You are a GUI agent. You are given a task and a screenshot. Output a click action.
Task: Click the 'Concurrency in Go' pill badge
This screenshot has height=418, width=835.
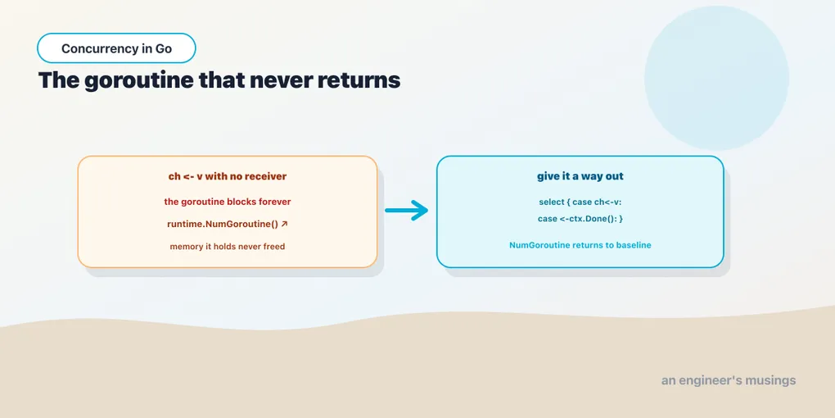116,48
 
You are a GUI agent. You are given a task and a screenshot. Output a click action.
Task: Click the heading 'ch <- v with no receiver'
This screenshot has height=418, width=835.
228,176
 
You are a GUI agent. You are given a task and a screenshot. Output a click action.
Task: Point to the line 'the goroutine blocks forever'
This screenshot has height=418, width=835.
228,202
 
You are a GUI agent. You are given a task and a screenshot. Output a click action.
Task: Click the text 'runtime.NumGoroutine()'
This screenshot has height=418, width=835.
223,225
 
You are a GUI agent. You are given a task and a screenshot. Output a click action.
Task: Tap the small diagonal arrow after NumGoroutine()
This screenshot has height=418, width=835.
284,224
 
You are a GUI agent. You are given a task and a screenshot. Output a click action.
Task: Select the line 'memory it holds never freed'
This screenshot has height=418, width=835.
228,247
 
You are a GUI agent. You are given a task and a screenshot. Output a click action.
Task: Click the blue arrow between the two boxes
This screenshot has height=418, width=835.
407,210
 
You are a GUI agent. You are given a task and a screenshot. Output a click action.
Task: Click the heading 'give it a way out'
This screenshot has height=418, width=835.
580,176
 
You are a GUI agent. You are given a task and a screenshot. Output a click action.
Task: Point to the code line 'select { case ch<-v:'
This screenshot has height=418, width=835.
580,202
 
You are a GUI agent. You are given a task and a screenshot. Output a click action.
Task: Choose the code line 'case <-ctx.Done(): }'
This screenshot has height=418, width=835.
580,219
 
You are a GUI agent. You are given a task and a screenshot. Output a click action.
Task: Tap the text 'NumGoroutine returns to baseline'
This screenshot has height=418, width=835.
580,245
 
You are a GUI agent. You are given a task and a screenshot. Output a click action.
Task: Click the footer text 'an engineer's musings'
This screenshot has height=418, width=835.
729,380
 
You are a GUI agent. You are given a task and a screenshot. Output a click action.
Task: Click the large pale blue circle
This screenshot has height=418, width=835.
716,78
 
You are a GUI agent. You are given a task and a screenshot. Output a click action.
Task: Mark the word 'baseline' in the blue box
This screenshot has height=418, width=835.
634,245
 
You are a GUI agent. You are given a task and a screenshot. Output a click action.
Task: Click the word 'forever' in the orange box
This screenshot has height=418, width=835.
274,202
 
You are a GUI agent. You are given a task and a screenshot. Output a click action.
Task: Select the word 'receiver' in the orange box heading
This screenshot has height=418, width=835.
266,176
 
